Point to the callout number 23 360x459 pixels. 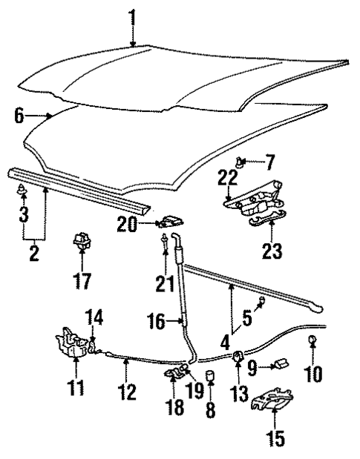point(272,251)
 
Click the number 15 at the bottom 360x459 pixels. point(275,438)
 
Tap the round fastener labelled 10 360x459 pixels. point(312,340)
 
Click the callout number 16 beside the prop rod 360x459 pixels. point(156,323)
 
